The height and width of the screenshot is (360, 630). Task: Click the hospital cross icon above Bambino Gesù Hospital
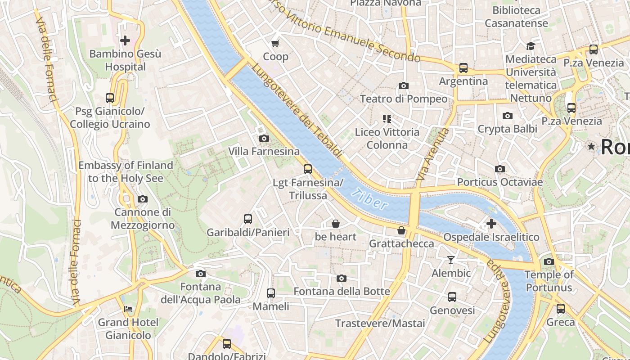point(125,40)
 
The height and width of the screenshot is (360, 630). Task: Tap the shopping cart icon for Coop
point(275,43)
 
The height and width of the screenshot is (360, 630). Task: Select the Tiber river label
point(370,199)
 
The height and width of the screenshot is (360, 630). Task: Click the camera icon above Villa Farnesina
point(264,138)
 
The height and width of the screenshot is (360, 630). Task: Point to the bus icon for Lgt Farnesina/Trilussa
point(308,169)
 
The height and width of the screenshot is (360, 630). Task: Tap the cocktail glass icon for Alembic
point(451,260)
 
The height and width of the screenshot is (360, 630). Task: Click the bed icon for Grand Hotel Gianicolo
point(128,309)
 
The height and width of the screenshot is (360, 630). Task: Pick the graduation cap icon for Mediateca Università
point(531,46)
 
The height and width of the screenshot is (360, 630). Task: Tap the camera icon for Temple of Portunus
point(549,261)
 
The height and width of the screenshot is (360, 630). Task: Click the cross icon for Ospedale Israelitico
point(491,223)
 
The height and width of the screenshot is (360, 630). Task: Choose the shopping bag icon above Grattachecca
point(401,230)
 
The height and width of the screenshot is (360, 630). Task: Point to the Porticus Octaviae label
point(500,182)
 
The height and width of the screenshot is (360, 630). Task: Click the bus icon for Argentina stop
point(463,68)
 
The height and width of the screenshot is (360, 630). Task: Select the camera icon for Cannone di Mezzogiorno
point(143,199)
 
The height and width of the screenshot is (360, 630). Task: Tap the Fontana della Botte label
point(342,291)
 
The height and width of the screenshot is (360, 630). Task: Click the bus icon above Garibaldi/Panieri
point(248,219)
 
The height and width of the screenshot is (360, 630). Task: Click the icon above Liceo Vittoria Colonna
point(387,119)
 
